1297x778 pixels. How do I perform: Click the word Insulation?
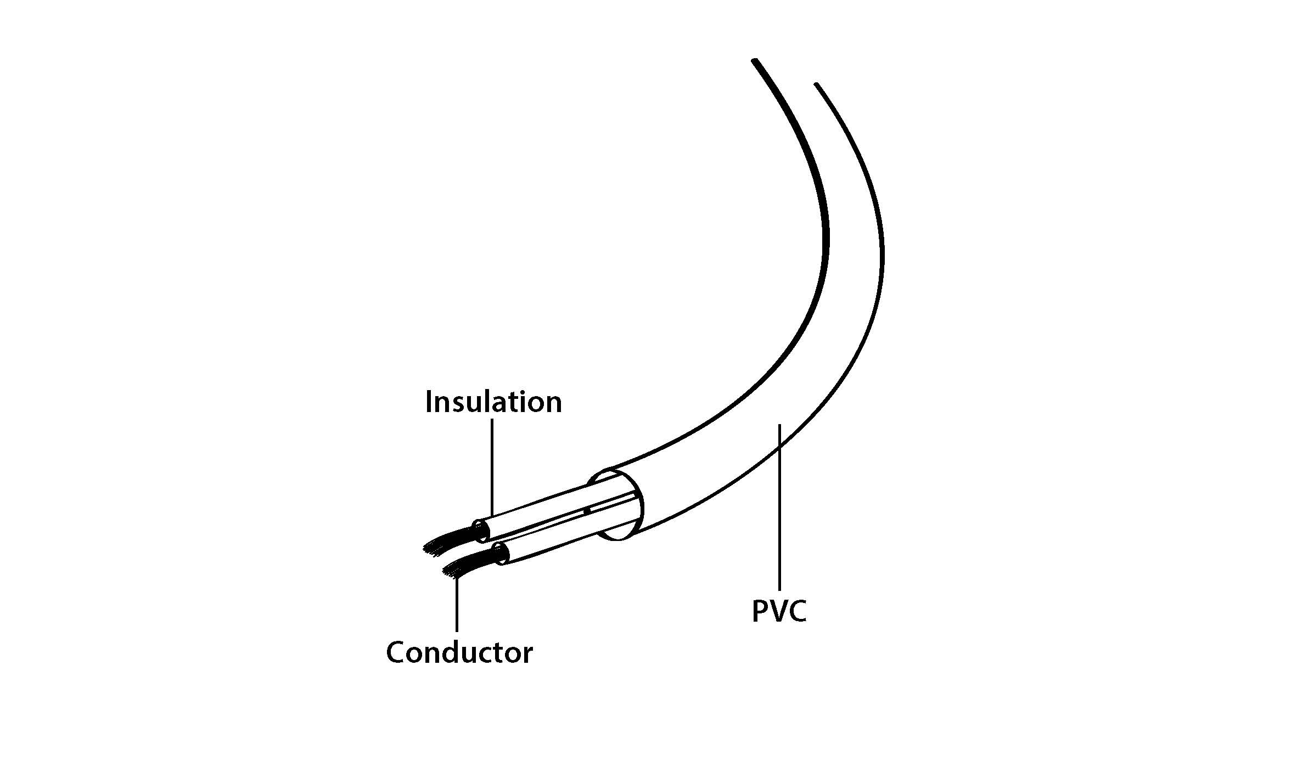tap(493, 402)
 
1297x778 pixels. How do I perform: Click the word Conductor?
tap(459, 652)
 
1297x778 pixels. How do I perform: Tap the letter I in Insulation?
tap(429, 402)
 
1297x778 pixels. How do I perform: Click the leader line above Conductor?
tap(457, 604)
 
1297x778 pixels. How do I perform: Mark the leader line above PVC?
tap(779, 507)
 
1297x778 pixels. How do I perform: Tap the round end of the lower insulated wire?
tap(501, 554)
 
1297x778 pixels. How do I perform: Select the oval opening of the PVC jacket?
tap(615, 504)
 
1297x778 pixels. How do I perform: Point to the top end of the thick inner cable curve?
tap(755, 60)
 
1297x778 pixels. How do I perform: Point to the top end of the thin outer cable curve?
tap(817, 85)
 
